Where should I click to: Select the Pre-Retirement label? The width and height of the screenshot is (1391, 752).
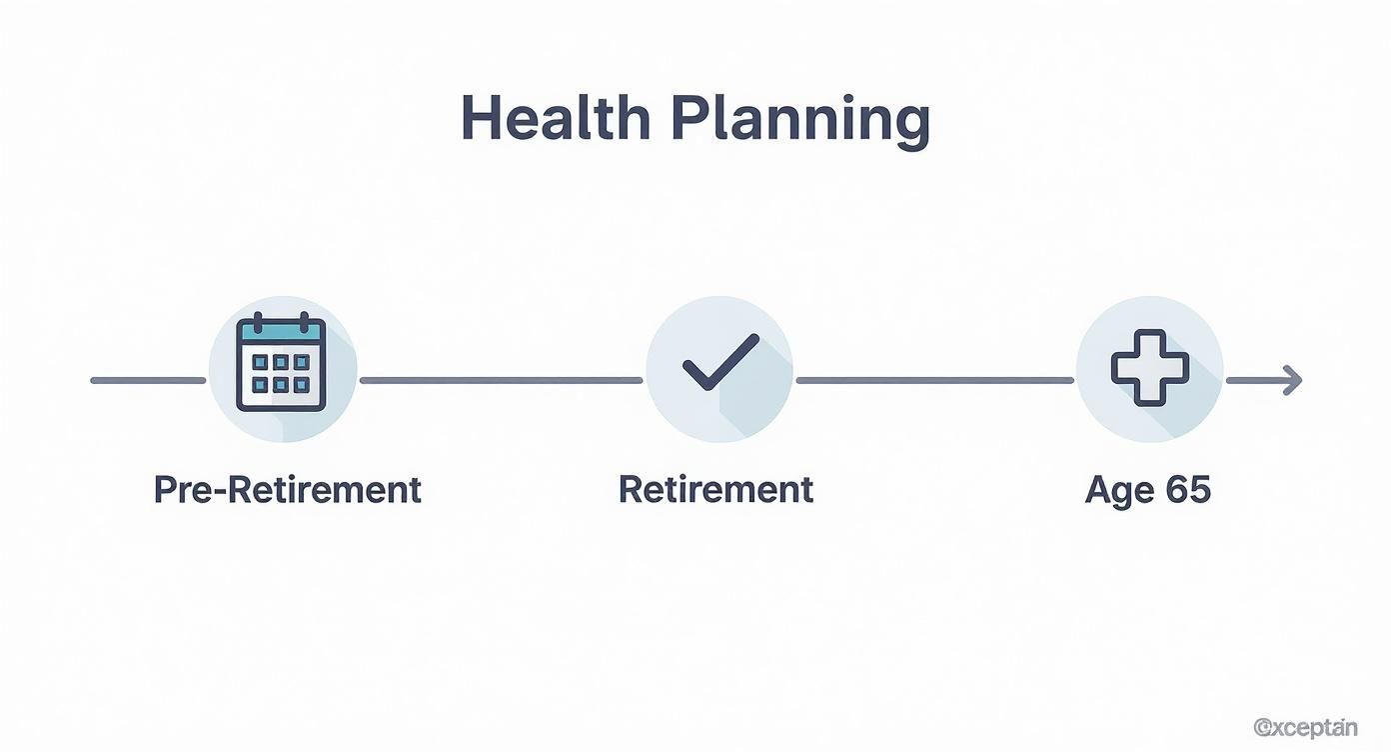[x=287, y=490]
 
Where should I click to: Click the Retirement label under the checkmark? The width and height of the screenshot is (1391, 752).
[x=715, y=490]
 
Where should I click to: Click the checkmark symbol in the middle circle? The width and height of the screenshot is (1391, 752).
[x=720, y=362]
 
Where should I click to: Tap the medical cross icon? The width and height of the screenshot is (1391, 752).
[x=1150, y=366]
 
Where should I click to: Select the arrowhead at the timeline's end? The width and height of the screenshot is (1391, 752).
[x=1293, y=380]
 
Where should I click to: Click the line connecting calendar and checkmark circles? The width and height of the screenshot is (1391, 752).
[x=500, y=380]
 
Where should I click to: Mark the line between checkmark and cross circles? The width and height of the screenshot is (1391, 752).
[x=934, y=380]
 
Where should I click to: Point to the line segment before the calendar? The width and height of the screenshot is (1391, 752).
[x=148, y=380]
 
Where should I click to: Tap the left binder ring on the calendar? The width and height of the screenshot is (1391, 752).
[x=257, y=322]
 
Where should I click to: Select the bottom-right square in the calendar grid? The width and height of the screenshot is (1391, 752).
[x=303, y=384]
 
